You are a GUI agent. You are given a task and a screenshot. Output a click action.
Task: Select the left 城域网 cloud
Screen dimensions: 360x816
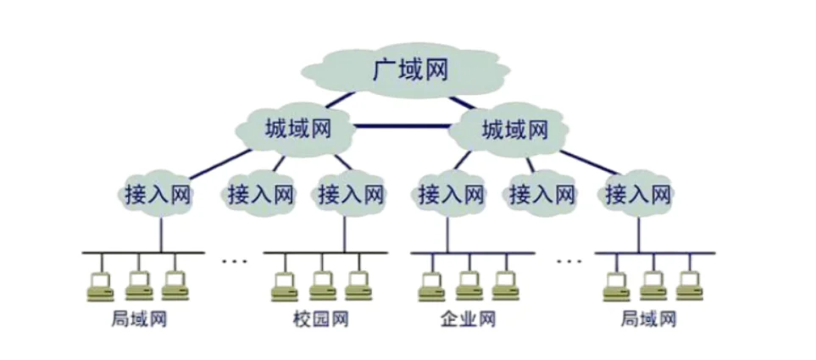297,130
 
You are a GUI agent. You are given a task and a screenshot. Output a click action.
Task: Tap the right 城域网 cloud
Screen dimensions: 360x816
513,130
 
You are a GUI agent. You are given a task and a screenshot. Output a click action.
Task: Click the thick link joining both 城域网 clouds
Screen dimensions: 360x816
405,127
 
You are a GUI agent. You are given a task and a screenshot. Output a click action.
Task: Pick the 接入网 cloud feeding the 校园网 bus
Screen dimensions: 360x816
351,194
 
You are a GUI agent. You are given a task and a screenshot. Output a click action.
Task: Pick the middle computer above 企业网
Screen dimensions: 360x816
469,285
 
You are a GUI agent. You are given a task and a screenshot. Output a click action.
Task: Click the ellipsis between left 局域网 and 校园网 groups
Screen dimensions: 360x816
235,261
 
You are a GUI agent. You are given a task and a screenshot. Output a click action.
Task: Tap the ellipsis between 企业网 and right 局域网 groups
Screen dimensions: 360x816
569,261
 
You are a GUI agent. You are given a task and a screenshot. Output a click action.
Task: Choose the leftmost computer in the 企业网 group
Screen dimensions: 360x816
431,285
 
